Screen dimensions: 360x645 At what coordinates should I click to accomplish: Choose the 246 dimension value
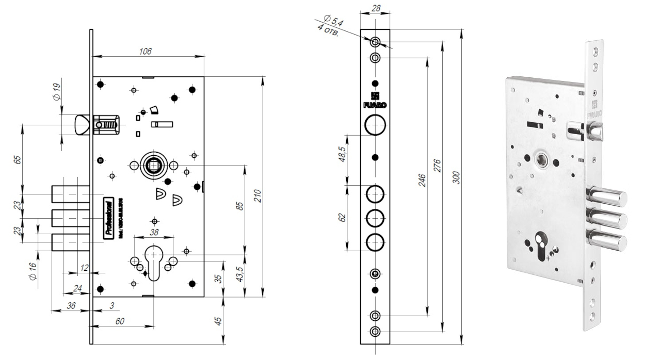(x=422, y=180)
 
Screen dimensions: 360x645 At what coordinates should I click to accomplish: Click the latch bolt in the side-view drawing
(x=82, y=125)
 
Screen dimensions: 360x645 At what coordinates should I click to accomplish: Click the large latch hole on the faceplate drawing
(x=375, y=124)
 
